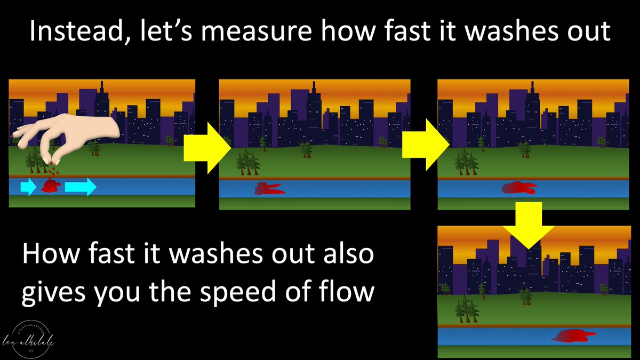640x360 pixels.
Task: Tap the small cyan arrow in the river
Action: coord(28,187)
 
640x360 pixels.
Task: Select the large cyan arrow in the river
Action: coord(81,187)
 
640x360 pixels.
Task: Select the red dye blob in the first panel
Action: coord(52,186)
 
